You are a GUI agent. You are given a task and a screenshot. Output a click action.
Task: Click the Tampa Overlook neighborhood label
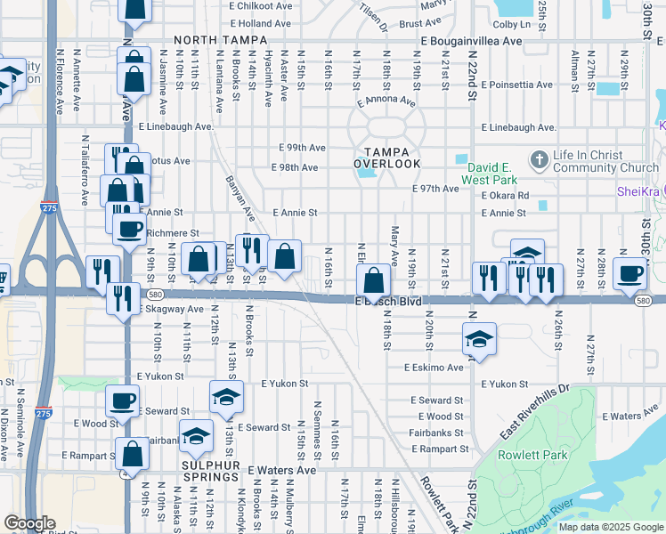(386, 157)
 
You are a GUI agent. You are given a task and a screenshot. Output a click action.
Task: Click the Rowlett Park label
(543, 456)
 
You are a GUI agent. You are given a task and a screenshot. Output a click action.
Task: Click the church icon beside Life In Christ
(537, 161)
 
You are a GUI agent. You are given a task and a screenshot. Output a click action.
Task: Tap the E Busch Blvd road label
(388, 302)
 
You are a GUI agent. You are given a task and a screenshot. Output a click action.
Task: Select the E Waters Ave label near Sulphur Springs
(282, 469)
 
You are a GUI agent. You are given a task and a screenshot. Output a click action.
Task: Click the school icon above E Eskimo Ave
(479, 339)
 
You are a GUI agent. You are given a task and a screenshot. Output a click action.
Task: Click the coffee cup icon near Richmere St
(130, 229)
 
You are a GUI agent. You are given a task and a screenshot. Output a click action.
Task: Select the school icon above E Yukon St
(226, 396)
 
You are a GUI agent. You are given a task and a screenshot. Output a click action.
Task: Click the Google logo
(29, 523)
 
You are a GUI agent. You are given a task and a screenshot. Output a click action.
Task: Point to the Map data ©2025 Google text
(610, 527)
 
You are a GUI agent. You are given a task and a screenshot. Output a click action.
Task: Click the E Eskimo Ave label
(434, 367)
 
